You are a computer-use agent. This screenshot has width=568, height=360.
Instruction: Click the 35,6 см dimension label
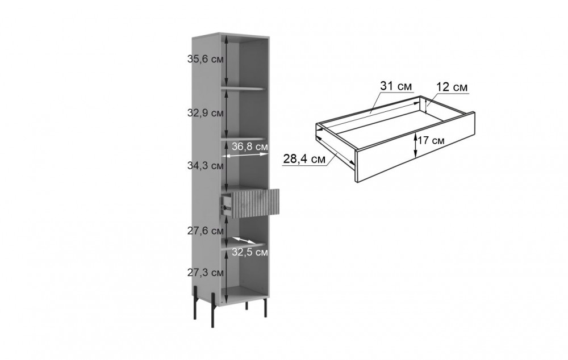click(x=205, y=59)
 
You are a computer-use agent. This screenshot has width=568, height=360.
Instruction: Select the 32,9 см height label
click(x=205, y=113)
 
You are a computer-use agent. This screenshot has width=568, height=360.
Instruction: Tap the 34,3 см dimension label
click(x=205, y=166)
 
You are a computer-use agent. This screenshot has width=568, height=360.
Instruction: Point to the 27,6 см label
click(x=205, y=231)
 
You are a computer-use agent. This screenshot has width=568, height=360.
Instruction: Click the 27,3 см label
click(x=205, y=273)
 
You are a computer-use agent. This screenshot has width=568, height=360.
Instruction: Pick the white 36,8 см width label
click(x=250, y=146)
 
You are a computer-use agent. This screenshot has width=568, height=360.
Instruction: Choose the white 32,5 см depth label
click(x=250, y=252)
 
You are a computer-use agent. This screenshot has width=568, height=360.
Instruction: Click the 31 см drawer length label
click(x=396, y=86)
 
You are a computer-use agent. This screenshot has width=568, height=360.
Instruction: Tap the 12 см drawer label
click(x=452, y=87)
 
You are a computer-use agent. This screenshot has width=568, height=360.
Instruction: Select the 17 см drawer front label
click(x=431, y=140)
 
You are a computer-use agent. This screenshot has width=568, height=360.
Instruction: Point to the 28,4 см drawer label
click(x=304, y=159)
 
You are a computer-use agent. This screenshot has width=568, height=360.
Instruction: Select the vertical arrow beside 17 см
click(x=416, y=145)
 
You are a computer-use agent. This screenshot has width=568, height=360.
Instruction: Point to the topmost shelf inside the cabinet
click(x=244, y=88)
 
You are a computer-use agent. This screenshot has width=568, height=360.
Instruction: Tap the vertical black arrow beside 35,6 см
click(x=226, y=60)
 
